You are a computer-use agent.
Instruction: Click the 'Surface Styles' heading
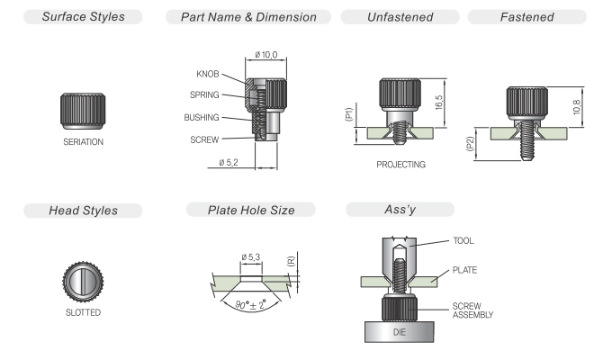coord(83,17)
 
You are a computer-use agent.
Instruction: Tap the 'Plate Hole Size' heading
coord(251,210)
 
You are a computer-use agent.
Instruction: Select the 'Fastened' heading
coord(526,17)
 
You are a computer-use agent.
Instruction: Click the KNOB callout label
coord(208,74)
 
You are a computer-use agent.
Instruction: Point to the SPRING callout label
coord(204,94)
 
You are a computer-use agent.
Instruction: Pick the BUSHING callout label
coord(202,118)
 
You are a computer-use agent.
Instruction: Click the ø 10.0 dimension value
coord(266,55)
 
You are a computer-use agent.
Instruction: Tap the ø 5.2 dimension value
coord(229,162)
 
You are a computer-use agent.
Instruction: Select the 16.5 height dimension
coord(438,103)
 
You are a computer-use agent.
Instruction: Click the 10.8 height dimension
coord(577,107)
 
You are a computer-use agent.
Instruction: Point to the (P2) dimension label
coord(470,144)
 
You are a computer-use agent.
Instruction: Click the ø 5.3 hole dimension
coord(250,257)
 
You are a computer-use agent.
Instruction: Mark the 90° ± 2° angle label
coord(250,304)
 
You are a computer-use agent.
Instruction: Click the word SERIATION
coord(83,141)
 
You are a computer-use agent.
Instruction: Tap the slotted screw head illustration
coord(83,282)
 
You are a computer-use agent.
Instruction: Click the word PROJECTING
coord(400,165)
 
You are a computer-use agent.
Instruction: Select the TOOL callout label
coord(463,240)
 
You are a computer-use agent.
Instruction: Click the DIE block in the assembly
coord(400,332)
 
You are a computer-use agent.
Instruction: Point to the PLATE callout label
coord(464,270)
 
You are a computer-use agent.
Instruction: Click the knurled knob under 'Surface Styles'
coord(83,111)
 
